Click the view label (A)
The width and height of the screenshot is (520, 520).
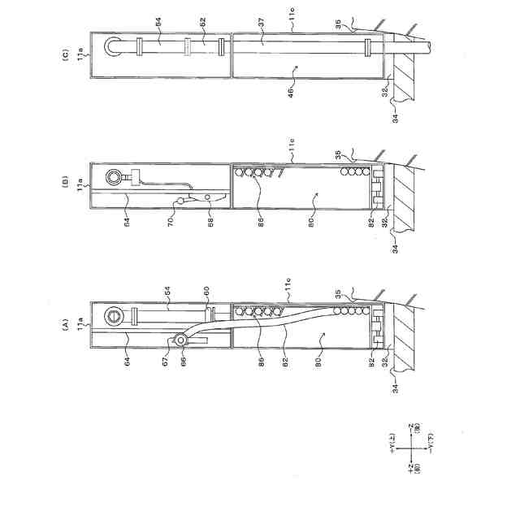click(69, 322)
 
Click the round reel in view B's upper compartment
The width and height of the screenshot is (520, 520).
click(113, 175)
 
